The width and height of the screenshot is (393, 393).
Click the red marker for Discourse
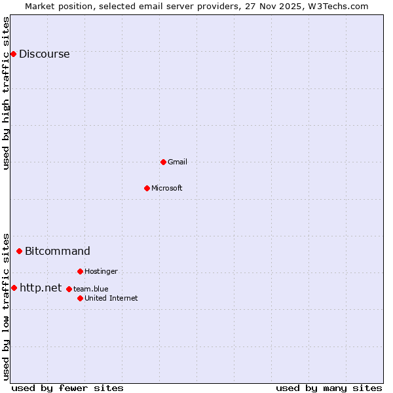(13, 54)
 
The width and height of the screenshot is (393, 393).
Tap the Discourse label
(44, 54)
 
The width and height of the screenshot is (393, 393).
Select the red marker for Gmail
(163, 162)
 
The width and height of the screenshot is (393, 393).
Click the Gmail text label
(178, 162)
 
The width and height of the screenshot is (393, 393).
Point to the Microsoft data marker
(147, 188)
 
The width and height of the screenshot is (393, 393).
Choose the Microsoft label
(167, 189)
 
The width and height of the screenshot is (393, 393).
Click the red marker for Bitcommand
(19, 251)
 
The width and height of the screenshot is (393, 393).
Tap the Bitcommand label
(58, 251)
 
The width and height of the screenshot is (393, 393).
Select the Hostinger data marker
(80, 271)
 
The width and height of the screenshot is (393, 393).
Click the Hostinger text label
(101, 271)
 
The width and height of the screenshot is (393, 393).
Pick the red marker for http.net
(14, 288)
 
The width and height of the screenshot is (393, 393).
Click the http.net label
(41, 288)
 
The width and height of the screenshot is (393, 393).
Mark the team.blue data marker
(69, 289)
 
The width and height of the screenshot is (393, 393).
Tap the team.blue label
(91, 289)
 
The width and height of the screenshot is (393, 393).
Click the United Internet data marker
(80, 298)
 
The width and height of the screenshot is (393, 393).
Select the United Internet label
(111, 299)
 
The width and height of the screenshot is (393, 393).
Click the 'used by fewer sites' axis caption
(67, 388)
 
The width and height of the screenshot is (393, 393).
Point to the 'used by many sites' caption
(329, 388)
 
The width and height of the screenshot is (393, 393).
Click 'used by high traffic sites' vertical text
(7, 93)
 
